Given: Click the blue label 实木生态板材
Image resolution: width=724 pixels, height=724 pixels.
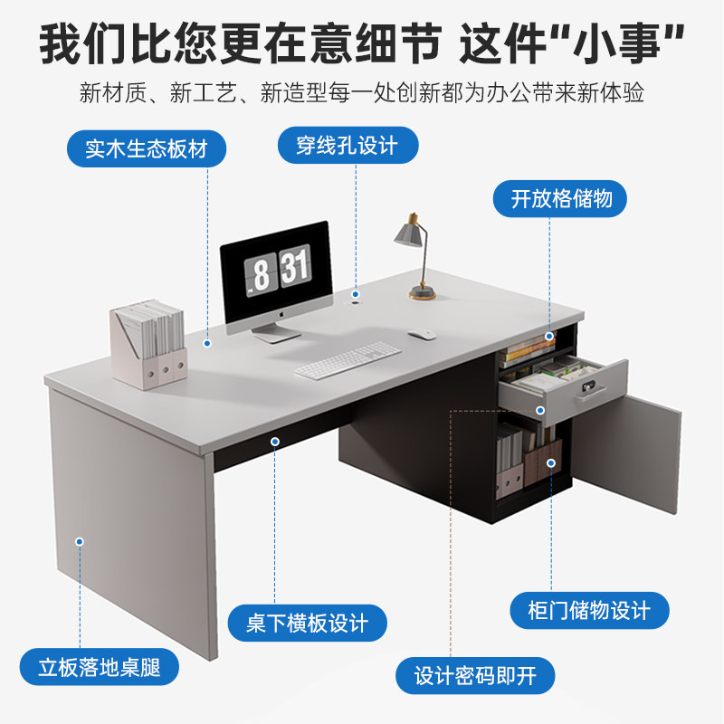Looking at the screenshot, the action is (x=147, y=149).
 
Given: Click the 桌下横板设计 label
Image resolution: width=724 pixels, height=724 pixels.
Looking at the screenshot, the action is (x=307, y=624).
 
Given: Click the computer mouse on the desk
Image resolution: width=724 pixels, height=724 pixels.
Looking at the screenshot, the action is (x=422, y=335).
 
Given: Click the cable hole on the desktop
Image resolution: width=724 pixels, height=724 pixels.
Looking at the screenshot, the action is (x=356, y=295).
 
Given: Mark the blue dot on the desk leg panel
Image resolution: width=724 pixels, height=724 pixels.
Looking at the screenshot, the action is (x=80, y=541).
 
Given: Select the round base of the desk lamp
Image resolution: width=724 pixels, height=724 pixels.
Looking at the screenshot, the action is (x=422, y=291).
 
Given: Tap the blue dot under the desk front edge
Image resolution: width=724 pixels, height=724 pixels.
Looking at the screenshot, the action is (x=274, y=441).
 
